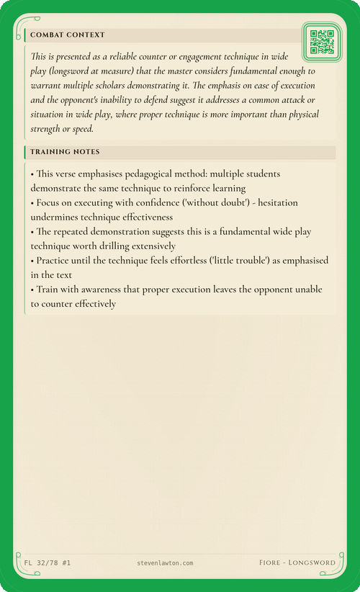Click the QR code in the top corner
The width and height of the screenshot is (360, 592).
coord(321,42)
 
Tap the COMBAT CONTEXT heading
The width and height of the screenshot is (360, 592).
coord(68,35)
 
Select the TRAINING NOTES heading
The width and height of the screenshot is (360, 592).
coord(65,152)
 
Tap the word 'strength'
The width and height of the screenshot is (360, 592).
coord(48,130)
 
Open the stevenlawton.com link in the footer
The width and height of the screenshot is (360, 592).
coord(165,562)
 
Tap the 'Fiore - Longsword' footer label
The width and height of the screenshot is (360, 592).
coord(297,562)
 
